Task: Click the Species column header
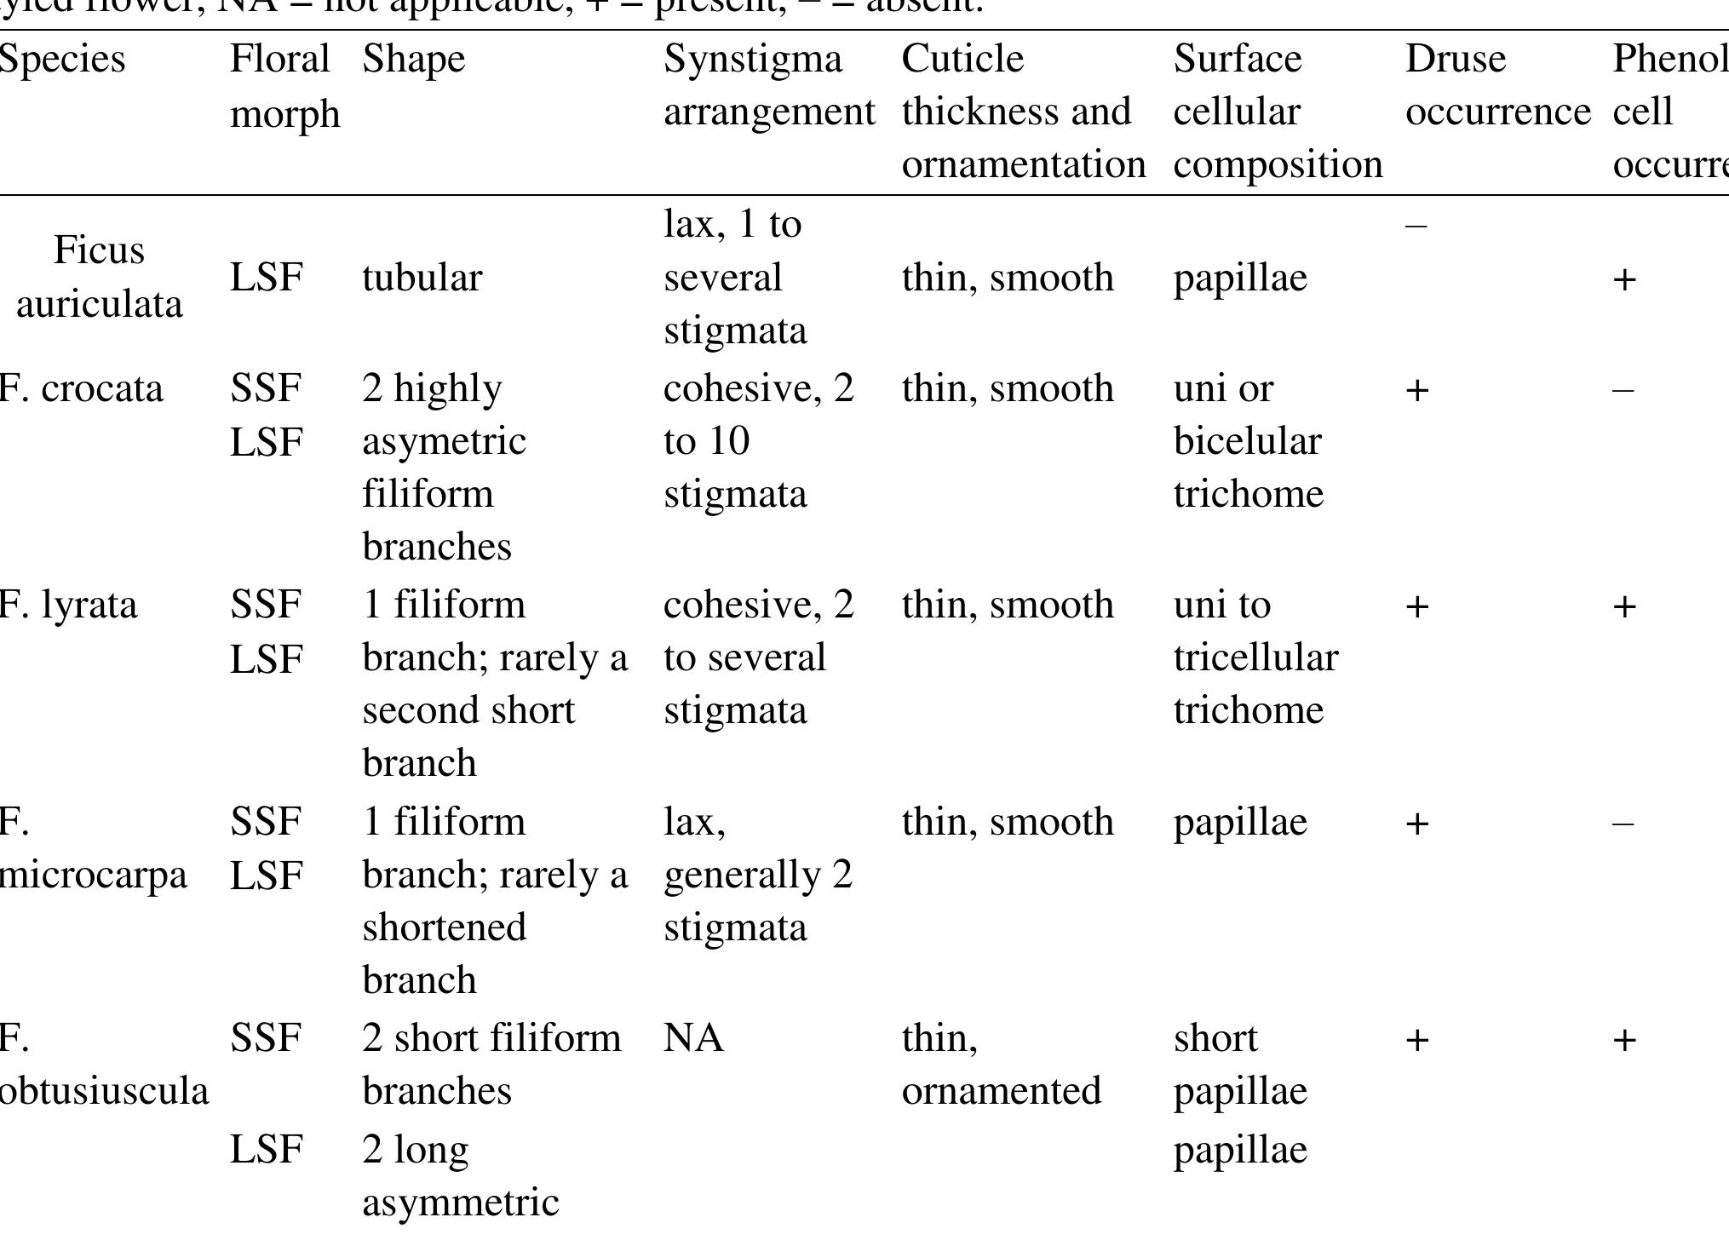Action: pyautogui.click(x=63, y=60)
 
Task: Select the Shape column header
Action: pyautogui.click(x=414, y=60)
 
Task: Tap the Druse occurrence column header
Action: pyautogui.click(x=1497, y=85)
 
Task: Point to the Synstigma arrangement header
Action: pyautogui.click(x=769, y=85)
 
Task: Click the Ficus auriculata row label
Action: pyautogui.click(x=99, y=277)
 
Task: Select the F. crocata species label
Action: pyautogui.click(x=82, y=389)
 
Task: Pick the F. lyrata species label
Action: pyautogui.click(x=68, y=606)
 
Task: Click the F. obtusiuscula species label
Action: pyautogui.click(x=103, y=1065)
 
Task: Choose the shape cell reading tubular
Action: pyautogui.click(x=422, y=278)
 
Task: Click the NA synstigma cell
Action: pyautogui.click(x=694, y=1039)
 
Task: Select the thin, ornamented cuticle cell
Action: pyautogui.click(x=1002, y=1065)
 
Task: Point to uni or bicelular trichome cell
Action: pyautogui.click(x=1248, y=441)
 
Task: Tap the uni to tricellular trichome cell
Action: pyautogui.click(x=1255, y=657)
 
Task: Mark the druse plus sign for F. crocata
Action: pyautogui.click(x=1416, y=390)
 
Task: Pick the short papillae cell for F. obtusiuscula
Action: pyautogui.click(x=1240, y=1065)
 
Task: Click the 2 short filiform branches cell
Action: pyautogui.click(x=491, y=1065)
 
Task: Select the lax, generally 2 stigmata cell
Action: pyautogui.click(x=758, y=875)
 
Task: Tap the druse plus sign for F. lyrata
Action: pyautogui.click(x=1416, y=606)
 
